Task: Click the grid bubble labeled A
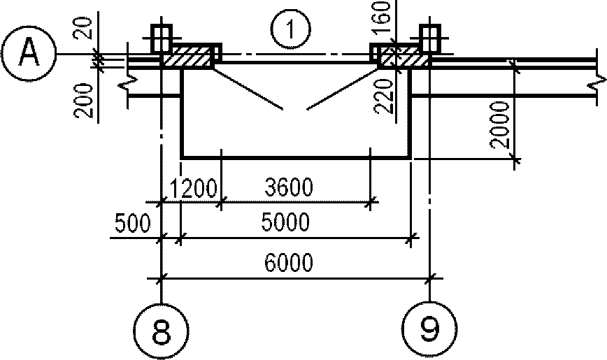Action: (x=29, y=54)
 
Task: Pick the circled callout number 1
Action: (x=290, y=30)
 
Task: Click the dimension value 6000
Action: (x=288, y=263)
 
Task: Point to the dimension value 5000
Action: (x=286, y=222)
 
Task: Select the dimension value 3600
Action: (x=289, y=187)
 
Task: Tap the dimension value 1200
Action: (x=193, y=189)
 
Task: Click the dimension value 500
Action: (x=132, y=224)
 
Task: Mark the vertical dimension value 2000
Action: (x=499, y=125)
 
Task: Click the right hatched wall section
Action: (x=404, y=57)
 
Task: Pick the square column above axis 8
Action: (x=161, y=38)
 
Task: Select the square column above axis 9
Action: (x=429, y=38)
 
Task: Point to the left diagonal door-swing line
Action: (x=248, y=89)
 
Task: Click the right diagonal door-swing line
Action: (x=342, y=89)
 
